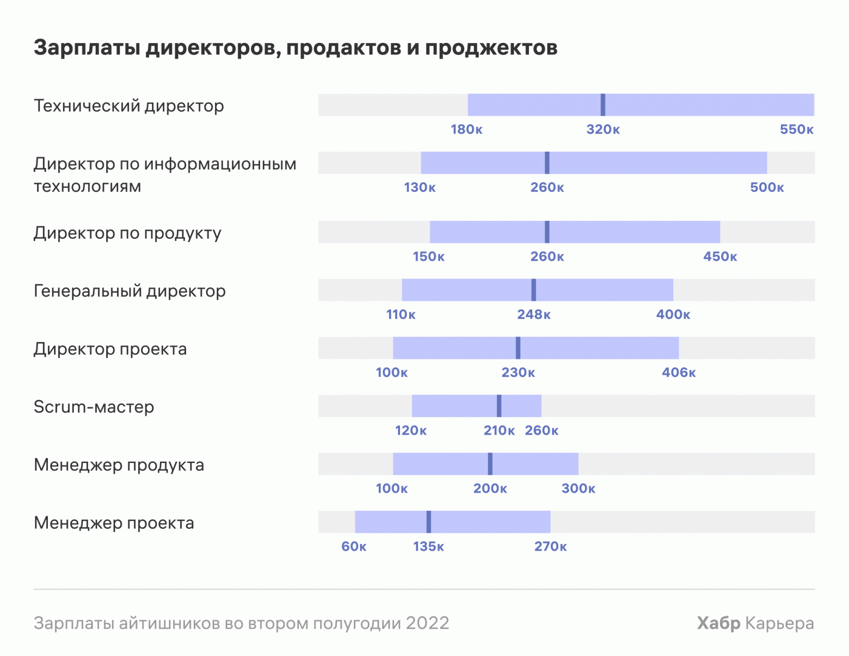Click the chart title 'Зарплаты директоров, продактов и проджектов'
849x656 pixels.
pos(296,48)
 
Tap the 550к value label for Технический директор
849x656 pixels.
pos(796,129)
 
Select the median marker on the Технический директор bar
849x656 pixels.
pos(602,105)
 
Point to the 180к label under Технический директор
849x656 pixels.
pos(466,129)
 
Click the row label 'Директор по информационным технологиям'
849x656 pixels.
pos(165,175)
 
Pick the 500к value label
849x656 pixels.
pos(767,188)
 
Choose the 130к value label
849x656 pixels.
pos(420,188)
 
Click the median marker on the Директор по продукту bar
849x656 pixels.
pos(547,232)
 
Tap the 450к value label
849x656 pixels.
pos(720,257)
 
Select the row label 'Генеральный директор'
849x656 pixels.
pos(130,291)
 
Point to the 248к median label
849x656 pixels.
pos(533,315)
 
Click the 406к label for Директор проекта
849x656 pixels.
pos(679,373)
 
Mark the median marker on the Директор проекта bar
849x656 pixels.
pos(518,348)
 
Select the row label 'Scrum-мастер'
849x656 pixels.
pos(94,407)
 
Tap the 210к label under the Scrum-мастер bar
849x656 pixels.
pos(499,431)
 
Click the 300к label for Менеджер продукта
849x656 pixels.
pos(578,488)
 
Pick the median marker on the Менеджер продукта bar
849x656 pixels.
pos(490,464)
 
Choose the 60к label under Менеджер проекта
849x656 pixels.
pos(354,547)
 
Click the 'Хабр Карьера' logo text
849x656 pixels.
pos(755,623)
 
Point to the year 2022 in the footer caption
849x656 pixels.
pos(427,623)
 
